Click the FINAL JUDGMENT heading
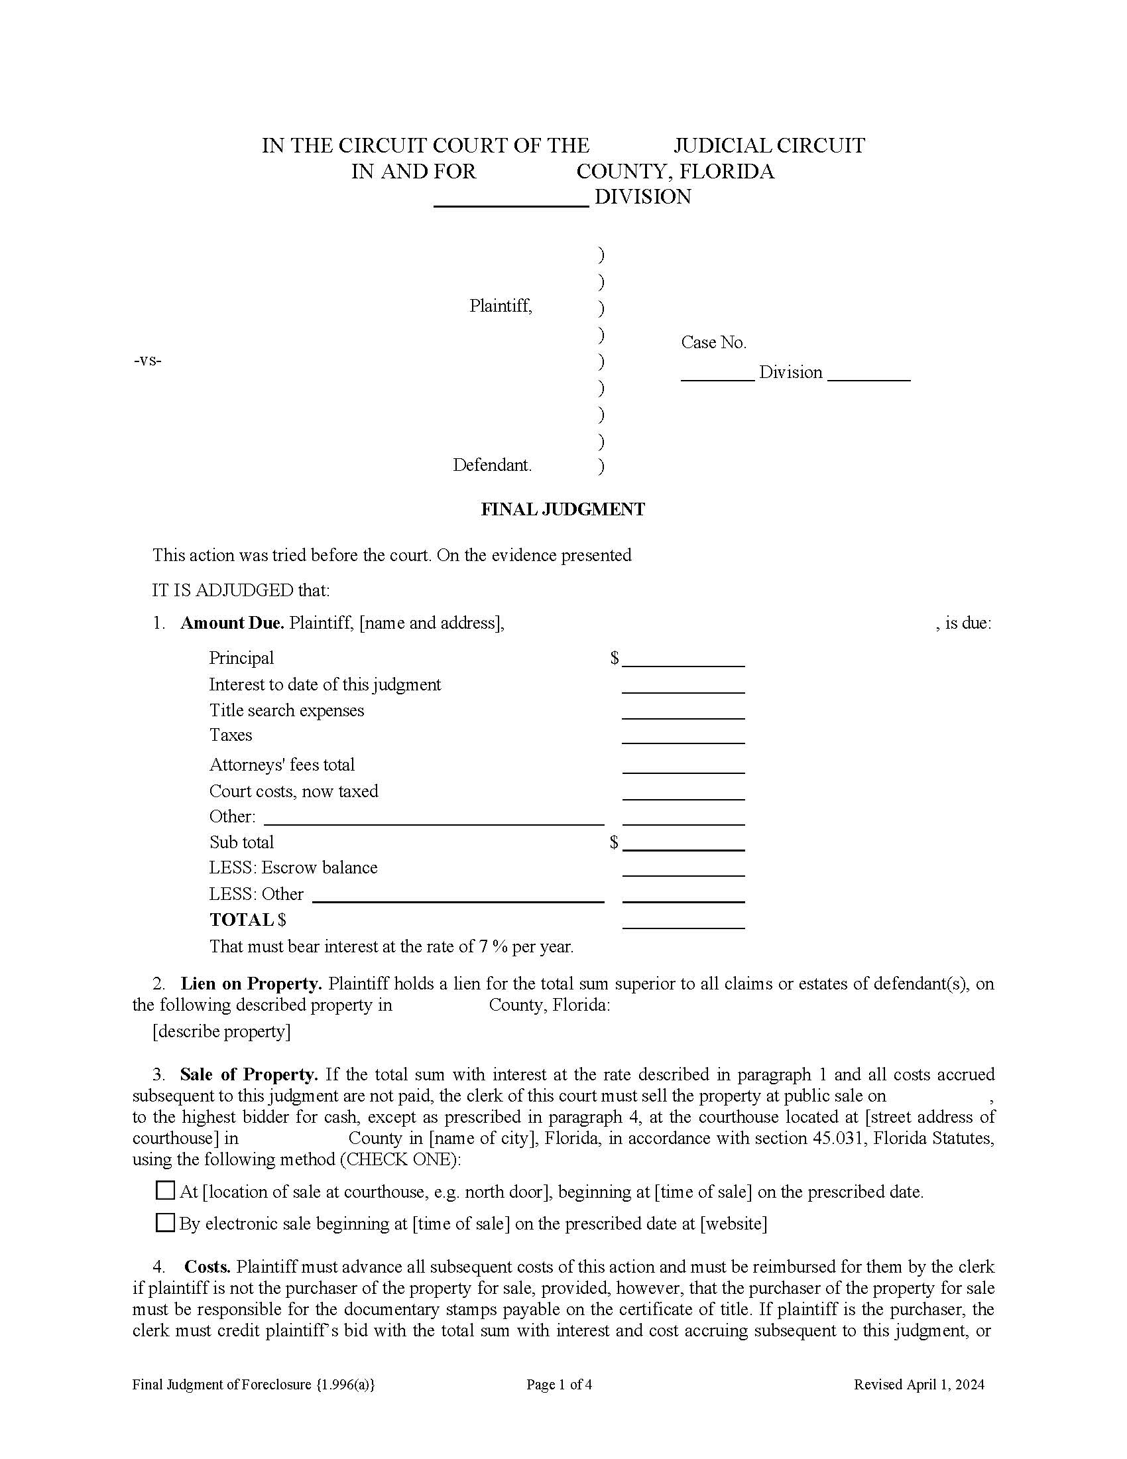coord(563,510)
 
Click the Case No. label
coord(713,343)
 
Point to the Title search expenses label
coord(286,710)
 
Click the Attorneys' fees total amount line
coord(683,767)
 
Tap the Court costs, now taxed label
coord(294,791)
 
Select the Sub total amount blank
coord(683,845)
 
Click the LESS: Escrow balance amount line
coord(683,871)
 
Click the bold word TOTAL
coord(242,920)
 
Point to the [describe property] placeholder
coord(221,1031)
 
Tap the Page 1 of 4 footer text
coord(559,1385)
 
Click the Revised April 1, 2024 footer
coord(919,1385)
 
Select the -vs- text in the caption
coord(148,361)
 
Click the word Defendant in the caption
coord(492,465)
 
